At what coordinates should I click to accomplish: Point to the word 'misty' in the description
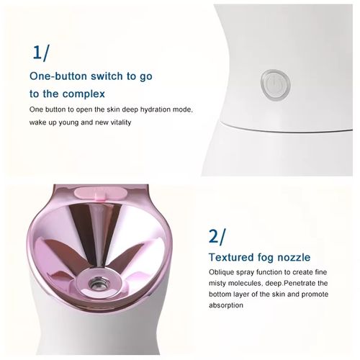[221, 284]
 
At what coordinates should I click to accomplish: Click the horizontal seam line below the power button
[288, 124]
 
